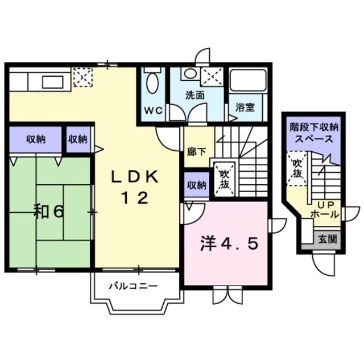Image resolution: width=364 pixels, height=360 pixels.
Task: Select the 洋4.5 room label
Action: tap(229, 244)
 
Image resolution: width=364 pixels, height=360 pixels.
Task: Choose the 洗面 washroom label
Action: tap(195, 96)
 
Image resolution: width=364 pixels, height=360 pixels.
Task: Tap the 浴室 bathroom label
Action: tap(246, 106)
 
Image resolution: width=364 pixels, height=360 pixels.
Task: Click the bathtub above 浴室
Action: tap(247, 83)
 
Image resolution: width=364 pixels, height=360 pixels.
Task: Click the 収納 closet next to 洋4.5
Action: tap(196, 185)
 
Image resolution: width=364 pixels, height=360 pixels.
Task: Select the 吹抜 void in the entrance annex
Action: tap(297, 168)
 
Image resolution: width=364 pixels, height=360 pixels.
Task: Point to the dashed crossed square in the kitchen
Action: tap(82, 77)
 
